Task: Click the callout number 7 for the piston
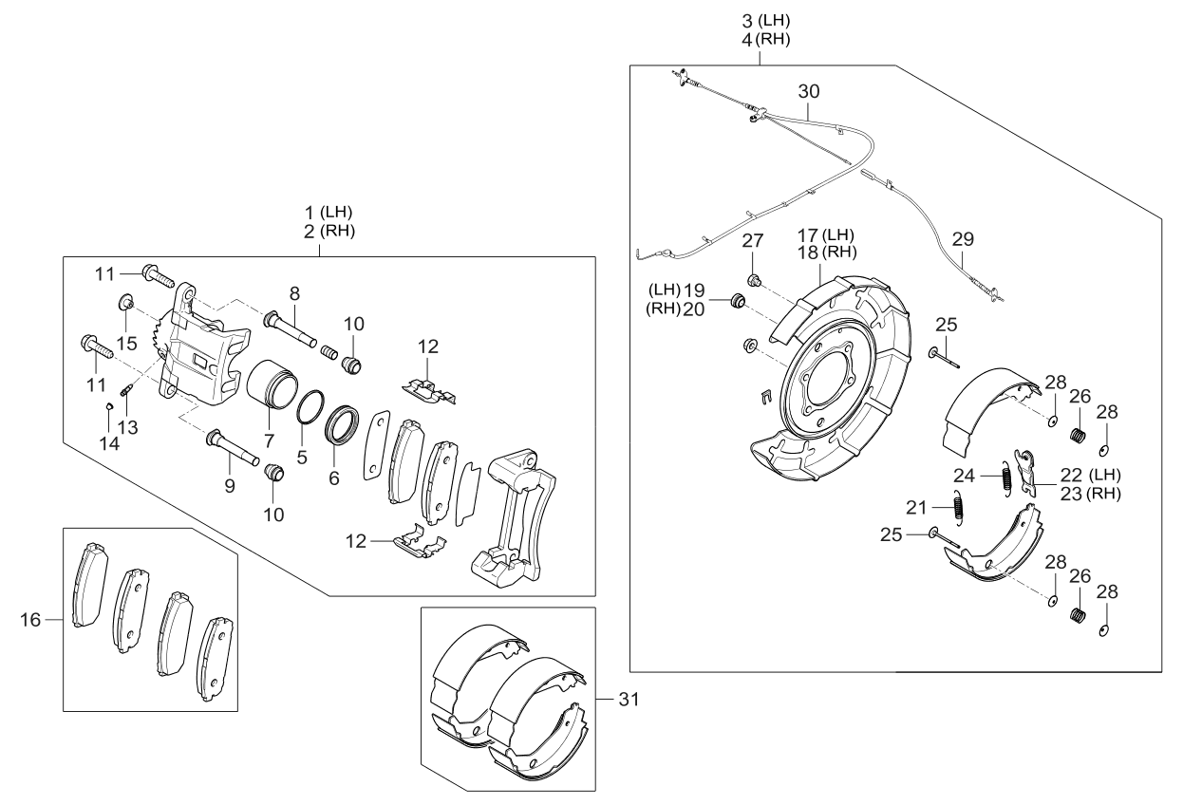coord(270,442)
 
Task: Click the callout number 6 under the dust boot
coord(334,480)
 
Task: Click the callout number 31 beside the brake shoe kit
coord(628,701)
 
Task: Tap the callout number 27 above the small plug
coord(752,239)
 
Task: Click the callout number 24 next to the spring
coord(965,475)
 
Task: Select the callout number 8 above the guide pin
coord(294,293)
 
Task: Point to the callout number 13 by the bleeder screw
coord(127,428)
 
